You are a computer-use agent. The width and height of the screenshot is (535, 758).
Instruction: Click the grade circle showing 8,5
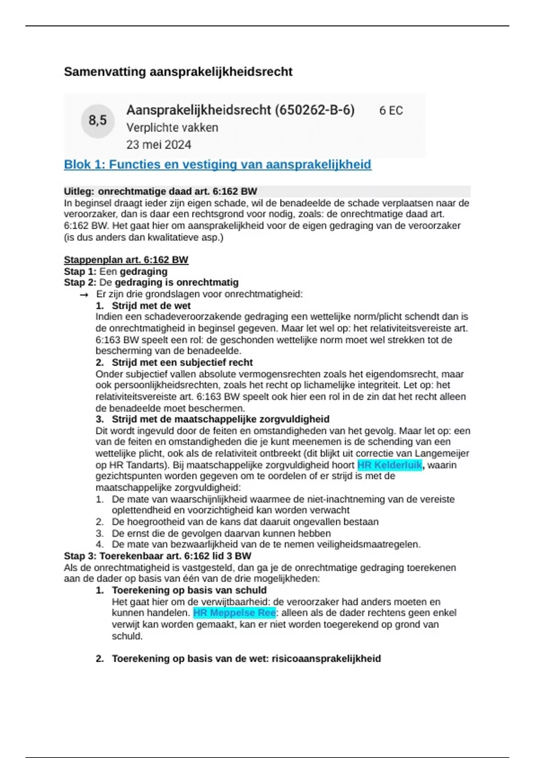click(98, 120)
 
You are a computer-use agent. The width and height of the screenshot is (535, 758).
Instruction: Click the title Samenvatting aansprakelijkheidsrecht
click(178, 72)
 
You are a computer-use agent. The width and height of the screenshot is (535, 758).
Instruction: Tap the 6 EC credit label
click(391, 111)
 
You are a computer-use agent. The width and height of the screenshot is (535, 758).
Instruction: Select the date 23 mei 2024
click(158, 145)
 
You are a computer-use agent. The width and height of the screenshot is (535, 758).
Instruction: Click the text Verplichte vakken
click(172, 128)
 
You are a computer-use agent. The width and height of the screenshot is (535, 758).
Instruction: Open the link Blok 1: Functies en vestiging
click(217, 165)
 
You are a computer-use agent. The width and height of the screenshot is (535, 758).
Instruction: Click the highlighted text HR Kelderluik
click(389, 465)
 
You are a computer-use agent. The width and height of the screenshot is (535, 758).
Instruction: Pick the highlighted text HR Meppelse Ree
click(235, 613)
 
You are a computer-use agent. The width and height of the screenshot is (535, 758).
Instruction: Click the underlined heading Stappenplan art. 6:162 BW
click(126, 260)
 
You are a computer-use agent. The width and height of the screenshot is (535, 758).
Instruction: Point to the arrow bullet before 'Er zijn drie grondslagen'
click(84, 295)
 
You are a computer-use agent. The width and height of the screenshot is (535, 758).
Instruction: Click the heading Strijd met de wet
click(151, 306)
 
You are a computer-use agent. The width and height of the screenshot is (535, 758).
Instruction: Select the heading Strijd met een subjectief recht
click(182, 363)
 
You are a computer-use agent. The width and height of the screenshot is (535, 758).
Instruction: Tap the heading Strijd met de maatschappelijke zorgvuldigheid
click(220, 419)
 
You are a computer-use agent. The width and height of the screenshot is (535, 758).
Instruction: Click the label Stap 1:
click(80, 272)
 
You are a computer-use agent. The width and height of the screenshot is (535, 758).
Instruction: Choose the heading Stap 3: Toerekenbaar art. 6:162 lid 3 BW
click(157, 556)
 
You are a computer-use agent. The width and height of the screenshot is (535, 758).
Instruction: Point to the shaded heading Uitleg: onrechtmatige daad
click(160, 192)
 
